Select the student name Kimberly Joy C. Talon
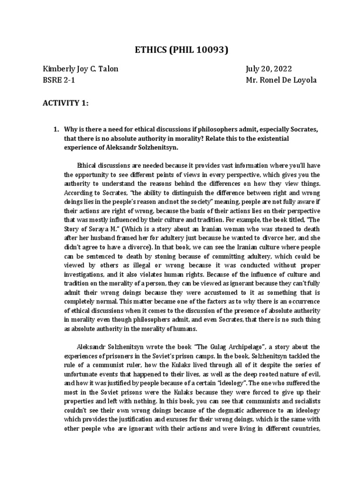[x=80, y=69]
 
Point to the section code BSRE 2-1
[x=58, y=80]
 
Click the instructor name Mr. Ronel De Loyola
[x=281, y=80]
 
